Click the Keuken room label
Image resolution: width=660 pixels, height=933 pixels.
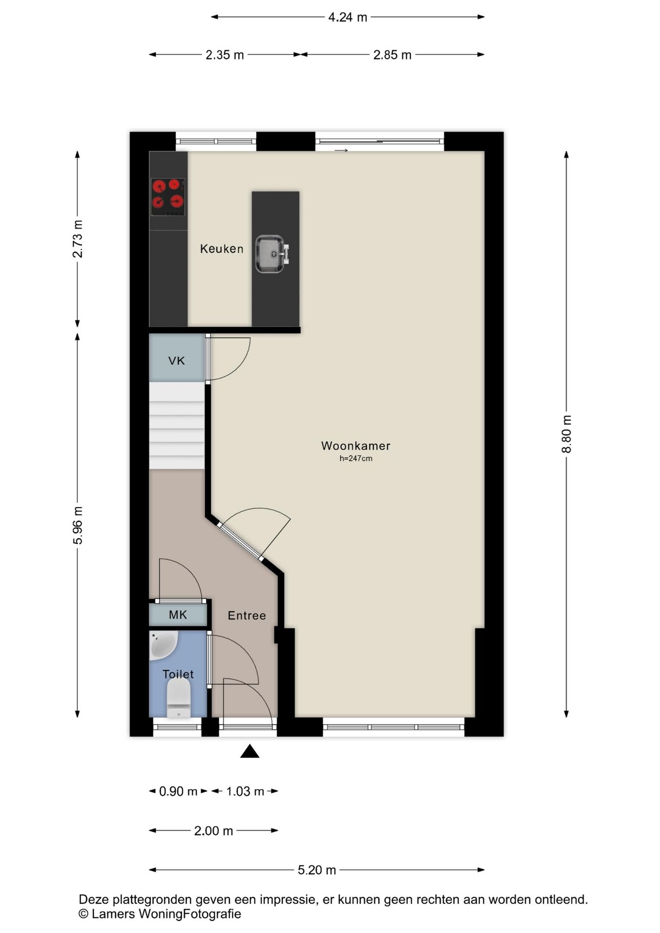pyautogui.click(x=222, y=249)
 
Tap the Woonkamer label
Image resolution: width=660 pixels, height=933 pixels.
pyautogui.click(x=356, y=446)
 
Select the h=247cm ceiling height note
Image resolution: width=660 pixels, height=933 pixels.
pyautogui.click(x=356, y=458)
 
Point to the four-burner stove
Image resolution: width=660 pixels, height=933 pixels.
pyautogui.click(x=168, y=197)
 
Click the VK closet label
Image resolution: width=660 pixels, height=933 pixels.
pyautogui.click(x=176, y=361)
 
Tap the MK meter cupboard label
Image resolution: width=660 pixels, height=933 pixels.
pyautogui.click(x=178, y=615)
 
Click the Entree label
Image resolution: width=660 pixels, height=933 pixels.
pyautogui.click(x=247, y=616)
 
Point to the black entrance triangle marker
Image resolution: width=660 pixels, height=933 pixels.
pyautogui.click(x=250, y=751)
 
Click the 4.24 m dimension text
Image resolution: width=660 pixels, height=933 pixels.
pyautogui.click(x=347, y=17)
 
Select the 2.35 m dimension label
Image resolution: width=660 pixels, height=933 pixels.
pyautogui.click(x=225, y=55)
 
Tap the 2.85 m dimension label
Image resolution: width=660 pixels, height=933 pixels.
pyautogui.click(x=392, y=55)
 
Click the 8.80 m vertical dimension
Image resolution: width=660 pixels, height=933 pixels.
pyautogui.click(x=567, y=434)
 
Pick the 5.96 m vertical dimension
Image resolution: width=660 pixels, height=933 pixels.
pyautogui.click(x=78, y=525)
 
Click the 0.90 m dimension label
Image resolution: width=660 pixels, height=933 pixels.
pyautogui.click(x=178, y=792)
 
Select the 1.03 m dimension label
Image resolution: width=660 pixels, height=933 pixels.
pyautogui.click(x=245, y=792)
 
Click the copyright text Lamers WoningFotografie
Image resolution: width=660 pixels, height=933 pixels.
pyautogui.click(x=160, y=914)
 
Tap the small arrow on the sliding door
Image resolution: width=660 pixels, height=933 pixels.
pyautogui.click(x=341, y=151)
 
